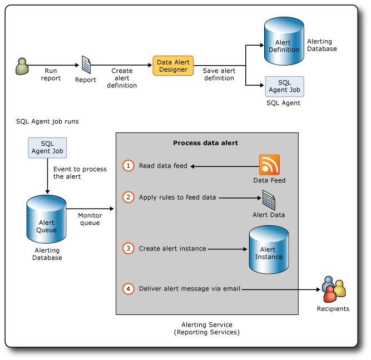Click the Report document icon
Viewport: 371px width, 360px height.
coord(86,65)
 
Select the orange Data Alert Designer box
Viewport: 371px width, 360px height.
coord(173,66)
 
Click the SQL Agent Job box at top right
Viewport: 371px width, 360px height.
coord(284,86)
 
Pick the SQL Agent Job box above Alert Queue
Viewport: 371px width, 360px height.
coord(47,147)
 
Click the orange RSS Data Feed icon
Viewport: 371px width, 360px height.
coord(269,165)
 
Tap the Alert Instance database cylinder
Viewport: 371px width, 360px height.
coord(268,250)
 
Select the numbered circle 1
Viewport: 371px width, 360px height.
coord(128,166)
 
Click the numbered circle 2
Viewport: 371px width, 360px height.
coord(128,197)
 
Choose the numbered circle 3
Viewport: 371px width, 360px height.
coord(128,249)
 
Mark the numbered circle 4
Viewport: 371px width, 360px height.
coord(128,289)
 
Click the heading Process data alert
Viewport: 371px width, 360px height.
coord(205,143)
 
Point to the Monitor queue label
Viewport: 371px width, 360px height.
coord(90,219)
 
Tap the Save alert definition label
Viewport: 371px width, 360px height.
coord(219,75)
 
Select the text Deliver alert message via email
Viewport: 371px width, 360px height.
coord(189,289)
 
